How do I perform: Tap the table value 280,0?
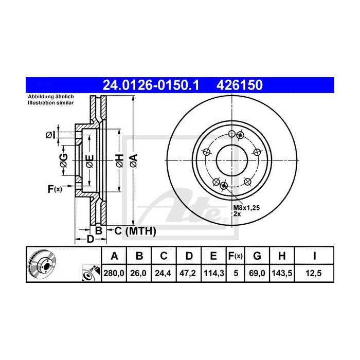(115, 273)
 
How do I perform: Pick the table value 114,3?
(210, 273)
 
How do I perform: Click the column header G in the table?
(258, 256)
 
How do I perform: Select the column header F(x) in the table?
(235, 256)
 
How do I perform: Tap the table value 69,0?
(258, 273)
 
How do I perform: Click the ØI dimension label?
(50, 135)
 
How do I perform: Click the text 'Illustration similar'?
(51, 103)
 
